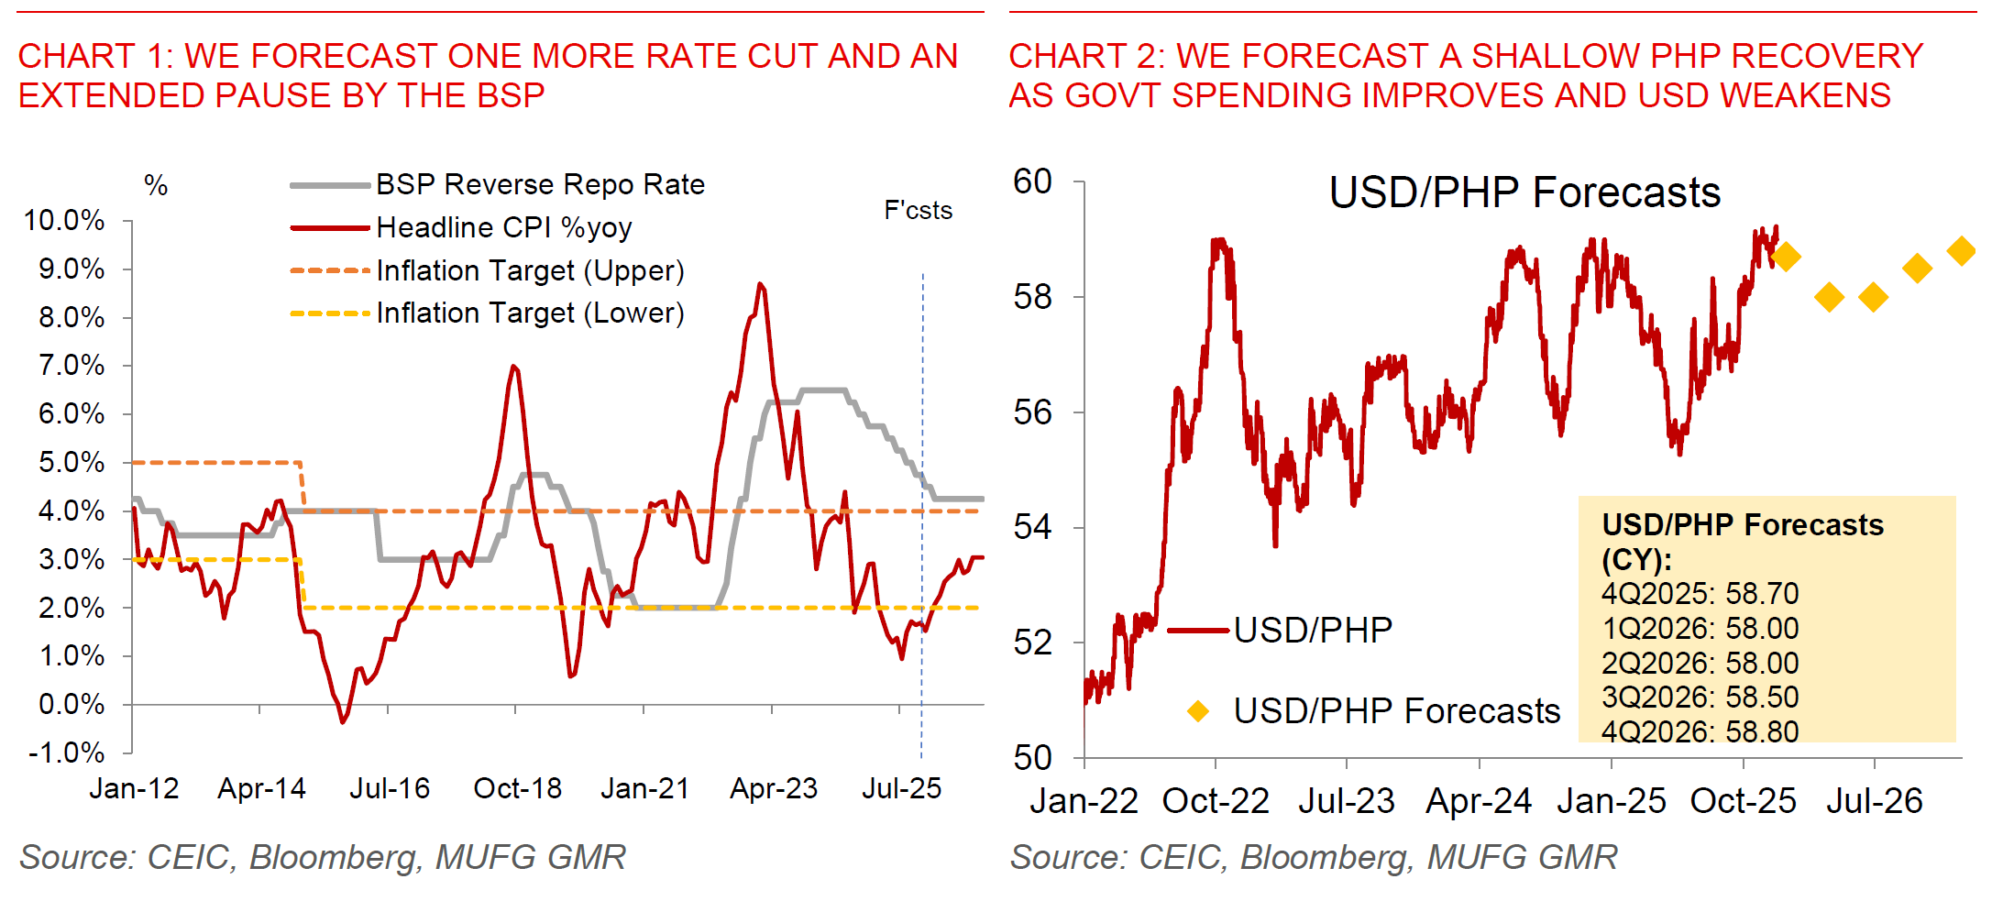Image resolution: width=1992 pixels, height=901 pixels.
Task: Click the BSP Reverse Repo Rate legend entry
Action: pyautogui.click(x=540, y=185)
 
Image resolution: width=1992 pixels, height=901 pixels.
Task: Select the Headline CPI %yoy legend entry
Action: pyautogui.click(x=503, y=227)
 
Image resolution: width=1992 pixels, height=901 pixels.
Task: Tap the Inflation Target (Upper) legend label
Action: pyautogui.click(x=530, y=270)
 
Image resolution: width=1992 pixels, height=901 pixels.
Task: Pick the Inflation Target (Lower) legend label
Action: pyautogui.click(x=530, y=313)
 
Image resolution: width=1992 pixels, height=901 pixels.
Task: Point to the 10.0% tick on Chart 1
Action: pyautogui.click(x=64, y=221)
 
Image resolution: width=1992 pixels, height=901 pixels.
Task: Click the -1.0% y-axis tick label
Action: pyautogui.click(x=67, y=753)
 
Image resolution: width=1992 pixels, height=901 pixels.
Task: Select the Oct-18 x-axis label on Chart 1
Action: pyautogui.click(x=517, y=788)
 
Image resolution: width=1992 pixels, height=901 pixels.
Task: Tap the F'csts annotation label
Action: pyautogui.click(x=918, y=211)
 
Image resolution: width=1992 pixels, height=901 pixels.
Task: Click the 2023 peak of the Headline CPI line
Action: pyautogui.click(x=760, y=285)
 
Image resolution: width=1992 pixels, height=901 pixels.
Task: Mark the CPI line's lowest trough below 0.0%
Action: pyautogui.click(x=343, y=721)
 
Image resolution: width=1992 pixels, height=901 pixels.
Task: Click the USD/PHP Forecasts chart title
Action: pyautogui.click(x=1524, y=193)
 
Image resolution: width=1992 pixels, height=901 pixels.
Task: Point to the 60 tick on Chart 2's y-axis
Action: pyautogui.click(x=1032, y=182)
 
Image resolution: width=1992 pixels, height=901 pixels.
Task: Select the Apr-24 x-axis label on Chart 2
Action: pyautogui.click(x=1478, y=801)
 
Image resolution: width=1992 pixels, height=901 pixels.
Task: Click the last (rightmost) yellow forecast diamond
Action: pyautogui.click(x=1961, y=250)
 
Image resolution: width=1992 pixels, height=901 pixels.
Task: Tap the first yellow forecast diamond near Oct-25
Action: pyautogui.click(x=1785, y=257)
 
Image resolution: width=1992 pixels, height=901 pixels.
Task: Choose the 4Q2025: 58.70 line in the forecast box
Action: pyautogui.click(x=1700, y=594)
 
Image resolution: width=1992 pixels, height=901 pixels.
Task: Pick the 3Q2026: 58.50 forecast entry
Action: pyautogui.click(x=1700, y=698)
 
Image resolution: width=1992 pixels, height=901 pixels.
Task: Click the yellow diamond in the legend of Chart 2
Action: pyautogui.click(x=1197, y=710)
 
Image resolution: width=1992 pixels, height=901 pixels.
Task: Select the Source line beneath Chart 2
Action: pyautogui.click(x=1313, y=857)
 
